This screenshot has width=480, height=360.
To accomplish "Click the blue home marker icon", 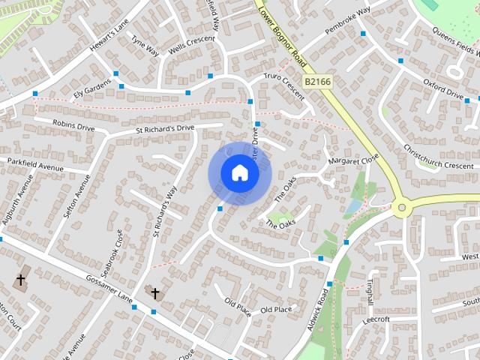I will pos(239,173).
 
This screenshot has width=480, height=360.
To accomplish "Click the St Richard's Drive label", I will pos(165,129).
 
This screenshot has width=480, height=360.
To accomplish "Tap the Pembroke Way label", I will pos(348,22).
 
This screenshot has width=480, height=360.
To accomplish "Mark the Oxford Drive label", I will pos(442,88).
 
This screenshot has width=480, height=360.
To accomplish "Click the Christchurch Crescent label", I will pos(438,155).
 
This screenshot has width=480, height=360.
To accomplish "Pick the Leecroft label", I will pos(375,319).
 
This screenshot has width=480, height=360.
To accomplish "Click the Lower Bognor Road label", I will pos(281,31).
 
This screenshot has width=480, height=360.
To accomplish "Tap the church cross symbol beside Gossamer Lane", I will pos(155,292).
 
